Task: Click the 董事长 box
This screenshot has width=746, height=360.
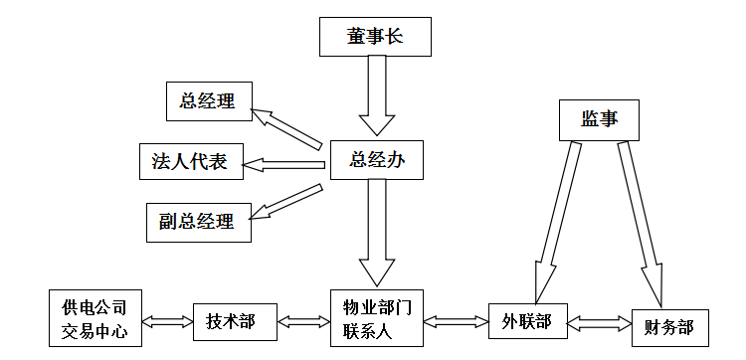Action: [376, 37]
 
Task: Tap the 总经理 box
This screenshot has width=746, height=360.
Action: [209, 100]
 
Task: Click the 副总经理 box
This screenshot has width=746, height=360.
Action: [198, 220]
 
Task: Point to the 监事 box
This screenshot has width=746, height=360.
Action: [599, 118]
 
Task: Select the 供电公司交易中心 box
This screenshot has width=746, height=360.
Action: [94, 318]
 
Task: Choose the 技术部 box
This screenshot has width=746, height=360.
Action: [231, 320]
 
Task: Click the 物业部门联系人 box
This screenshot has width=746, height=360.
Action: [377, 318]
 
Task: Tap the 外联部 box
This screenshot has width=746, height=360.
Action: [527, 320]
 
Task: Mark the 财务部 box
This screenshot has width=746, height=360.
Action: [669, 327]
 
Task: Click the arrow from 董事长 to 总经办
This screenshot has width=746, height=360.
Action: [378, 94]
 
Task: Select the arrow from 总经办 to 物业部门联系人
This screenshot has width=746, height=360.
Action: [377, 234]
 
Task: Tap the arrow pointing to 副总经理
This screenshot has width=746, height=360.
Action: [287, 202]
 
